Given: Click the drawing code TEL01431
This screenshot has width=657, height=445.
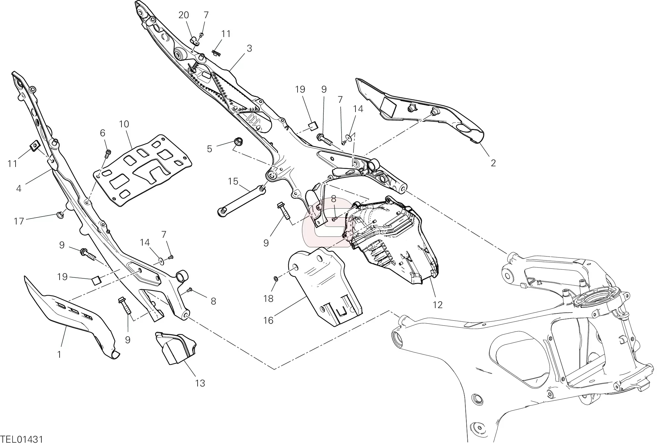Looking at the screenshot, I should point(22,439).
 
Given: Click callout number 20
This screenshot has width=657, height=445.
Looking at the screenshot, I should point(184,15).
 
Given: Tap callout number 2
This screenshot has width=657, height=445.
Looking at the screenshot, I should point(493,163).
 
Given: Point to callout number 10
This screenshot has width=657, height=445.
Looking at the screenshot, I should point(124,124).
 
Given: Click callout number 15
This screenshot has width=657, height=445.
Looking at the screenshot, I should point(233,181).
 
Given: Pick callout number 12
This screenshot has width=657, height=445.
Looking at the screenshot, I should point(438,304).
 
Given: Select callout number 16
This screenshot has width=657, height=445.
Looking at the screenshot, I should point(268,320).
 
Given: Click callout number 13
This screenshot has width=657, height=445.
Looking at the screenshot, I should point(200,383).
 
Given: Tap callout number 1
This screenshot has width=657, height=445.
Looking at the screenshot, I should point(59,355).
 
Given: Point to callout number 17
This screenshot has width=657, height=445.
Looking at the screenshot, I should point(19,221).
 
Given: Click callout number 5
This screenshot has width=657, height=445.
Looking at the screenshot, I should point(209,149).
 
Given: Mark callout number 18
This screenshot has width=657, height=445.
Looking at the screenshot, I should point(268,299).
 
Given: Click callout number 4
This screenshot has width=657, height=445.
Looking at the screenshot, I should point(19,188).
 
